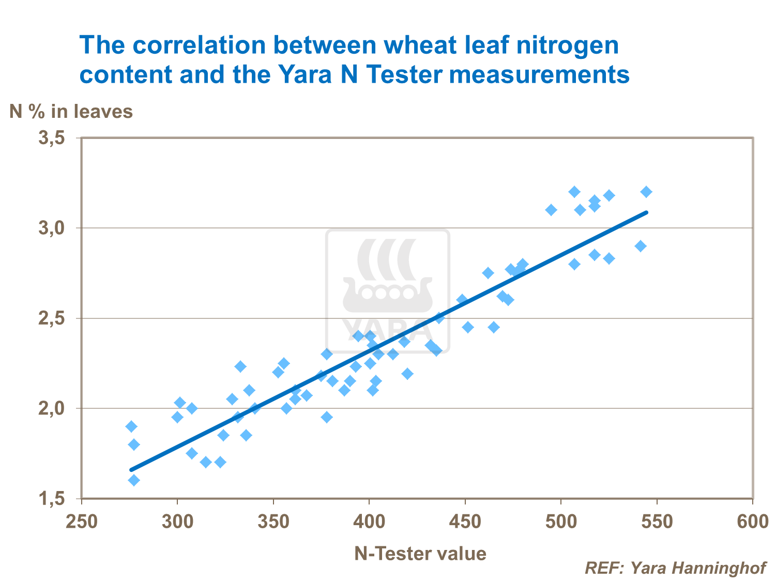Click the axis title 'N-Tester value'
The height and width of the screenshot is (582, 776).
pos(420,554)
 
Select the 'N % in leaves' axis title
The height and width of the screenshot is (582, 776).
pos(71,111)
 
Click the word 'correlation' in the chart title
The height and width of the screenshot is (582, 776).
pos(200,45)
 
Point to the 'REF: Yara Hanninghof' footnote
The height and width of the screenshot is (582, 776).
pos(675,568)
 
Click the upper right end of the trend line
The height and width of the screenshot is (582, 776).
pos(646,212)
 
